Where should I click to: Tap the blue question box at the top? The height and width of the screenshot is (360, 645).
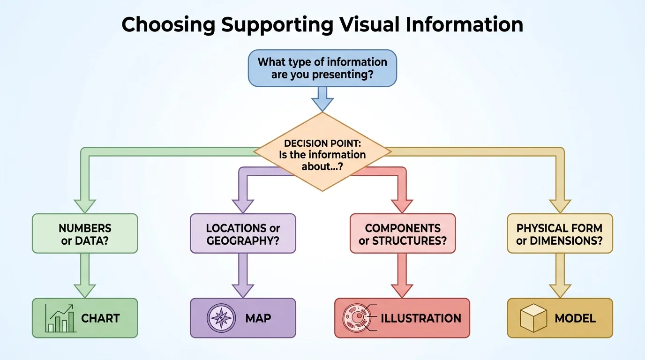(322, 68)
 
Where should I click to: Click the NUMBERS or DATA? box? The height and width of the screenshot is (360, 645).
(85, 234)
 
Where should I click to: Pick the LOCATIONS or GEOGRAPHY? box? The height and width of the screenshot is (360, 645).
(243, 234)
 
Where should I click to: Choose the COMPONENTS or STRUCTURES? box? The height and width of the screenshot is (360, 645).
(403, 234)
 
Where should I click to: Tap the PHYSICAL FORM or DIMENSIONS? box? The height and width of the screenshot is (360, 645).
(560, 234)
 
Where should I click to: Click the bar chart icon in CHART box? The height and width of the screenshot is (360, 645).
(60, 318)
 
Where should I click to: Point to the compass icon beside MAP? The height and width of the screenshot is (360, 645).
(219, 318)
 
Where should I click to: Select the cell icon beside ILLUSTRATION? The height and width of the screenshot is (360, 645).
(356, 318)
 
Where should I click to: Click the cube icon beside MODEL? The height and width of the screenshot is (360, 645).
(533, 318)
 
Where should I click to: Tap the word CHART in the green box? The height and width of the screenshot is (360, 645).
(100, 318)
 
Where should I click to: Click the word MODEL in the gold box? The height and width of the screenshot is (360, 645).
(575, 318)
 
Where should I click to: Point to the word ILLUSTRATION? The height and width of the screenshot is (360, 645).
(420, 318)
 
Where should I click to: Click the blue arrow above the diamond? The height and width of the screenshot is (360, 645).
(322, 98)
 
